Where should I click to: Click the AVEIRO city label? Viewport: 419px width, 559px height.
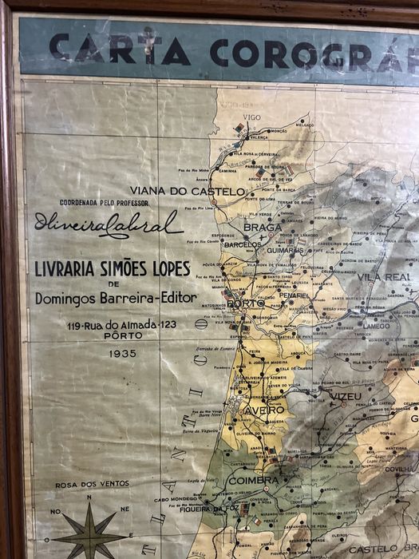[x=264, y=410]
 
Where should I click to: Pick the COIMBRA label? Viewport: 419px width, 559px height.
[x=254, y=481]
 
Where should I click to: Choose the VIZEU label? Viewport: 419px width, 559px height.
[x=344, y=395]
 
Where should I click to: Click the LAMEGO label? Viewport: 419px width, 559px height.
[x=376, y=326]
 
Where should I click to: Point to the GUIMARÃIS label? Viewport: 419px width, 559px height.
[x=285, y=250]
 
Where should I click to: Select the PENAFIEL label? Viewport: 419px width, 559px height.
[x=294, y=295]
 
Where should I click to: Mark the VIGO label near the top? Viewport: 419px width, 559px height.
[x=252, y=117]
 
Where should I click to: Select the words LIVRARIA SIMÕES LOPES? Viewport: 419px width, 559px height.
[x=116, y=268]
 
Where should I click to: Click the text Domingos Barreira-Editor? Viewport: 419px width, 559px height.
[x=116, y=298]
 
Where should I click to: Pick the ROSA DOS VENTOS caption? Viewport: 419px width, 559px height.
[x=92, y=485]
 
